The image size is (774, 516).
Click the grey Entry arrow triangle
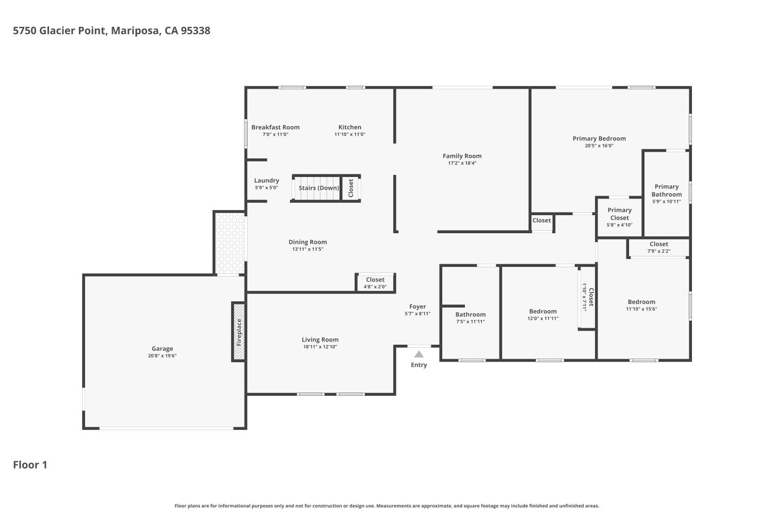[419, 354]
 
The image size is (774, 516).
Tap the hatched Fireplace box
[239, 332]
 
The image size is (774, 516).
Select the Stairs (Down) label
[318, 188]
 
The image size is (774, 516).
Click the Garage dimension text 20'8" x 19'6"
[163, 356]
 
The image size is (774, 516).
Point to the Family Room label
[462, 156]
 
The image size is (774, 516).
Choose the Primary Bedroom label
[599, 139]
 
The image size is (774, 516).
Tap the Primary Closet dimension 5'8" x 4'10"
[620, 225]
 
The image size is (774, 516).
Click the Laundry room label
[266, 181]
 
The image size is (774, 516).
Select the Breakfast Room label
[276, 127]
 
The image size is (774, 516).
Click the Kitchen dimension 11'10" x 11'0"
[350, 135]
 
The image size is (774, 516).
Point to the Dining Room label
[308, 242]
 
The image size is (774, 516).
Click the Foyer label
[417, 307]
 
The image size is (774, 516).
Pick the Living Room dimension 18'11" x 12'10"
[320, 347]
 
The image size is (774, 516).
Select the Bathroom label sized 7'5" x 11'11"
[470, 315]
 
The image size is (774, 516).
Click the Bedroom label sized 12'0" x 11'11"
[543, 311]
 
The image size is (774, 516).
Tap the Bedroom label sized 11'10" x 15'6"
[641, 302]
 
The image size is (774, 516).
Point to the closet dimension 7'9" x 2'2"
[659, 251]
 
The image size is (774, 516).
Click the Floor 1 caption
[30, 465]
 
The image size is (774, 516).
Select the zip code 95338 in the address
[196, 31]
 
